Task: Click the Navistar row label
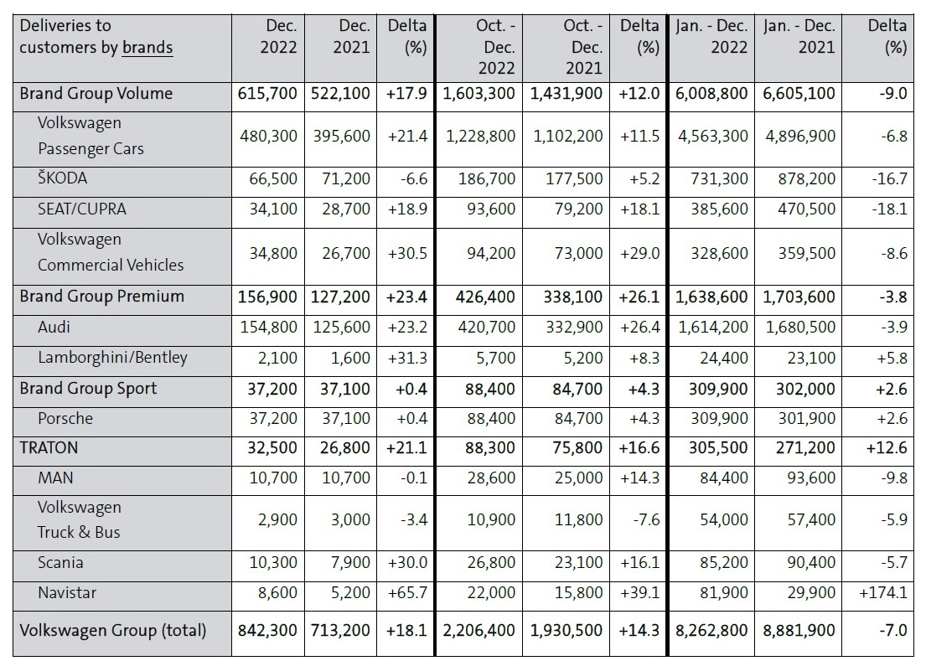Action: (x=67, y=593)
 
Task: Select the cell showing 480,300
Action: (x=269, y=136)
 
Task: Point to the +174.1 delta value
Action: (x=883, y=593)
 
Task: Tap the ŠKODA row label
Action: (x=62, y=178)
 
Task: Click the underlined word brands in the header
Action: (x=147, y=47)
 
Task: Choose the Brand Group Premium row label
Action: (x=101, y=296)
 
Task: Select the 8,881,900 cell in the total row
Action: (x=799, y=630)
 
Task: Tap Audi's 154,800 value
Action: (x=269, y=327)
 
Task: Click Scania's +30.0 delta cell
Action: (x=407, y=563)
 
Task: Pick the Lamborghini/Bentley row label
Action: (x=112, y=358)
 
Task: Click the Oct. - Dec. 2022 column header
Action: (x=496, y=47)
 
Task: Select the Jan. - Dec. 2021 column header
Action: (x=799, y=37)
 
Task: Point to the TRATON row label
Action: (x=49, y=447)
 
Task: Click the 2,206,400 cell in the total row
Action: (x=479, y=630)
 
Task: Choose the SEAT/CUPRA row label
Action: (x=82, y=209)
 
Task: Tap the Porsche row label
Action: (x=65, y=419)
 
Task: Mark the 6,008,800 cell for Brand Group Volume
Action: (x=711, y=93)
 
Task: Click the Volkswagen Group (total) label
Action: (x=113, y=631)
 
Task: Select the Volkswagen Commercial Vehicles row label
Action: (x=111, y=252)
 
